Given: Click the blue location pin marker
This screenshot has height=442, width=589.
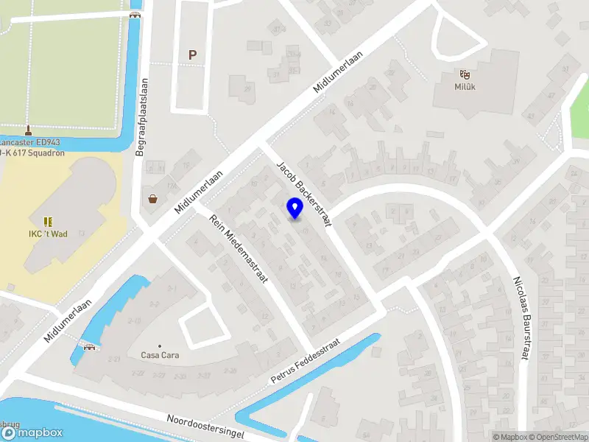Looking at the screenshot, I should coord(294,208).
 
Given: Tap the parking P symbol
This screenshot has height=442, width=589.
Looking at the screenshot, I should coord(193,55).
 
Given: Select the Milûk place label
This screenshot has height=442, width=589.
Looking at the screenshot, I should coord(465,85).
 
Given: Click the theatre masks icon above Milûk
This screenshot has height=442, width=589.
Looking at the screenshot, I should coord(465,74).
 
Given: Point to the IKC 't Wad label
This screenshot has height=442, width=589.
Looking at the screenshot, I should coord(49,234).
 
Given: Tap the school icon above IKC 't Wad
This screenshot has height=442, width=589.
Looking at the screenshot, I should coord(49,221).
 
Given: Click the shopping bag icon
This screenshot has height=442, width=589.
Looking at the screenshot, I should coord(153,198).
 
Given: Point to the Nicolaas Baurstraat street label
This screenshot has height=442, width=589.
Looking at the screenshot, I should coord(522,318).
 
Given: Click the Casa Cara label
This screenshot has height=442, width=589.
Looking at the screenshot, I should coord(160,355).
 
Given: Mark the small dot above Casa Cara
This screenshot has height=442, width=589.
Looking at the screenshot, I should coord(160,345).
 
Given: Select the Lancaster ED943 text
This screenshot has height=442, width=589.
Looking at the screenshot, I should coord(29,142).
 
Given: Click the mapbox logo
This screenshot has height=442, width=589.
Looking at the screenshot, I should coord(32,433).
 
